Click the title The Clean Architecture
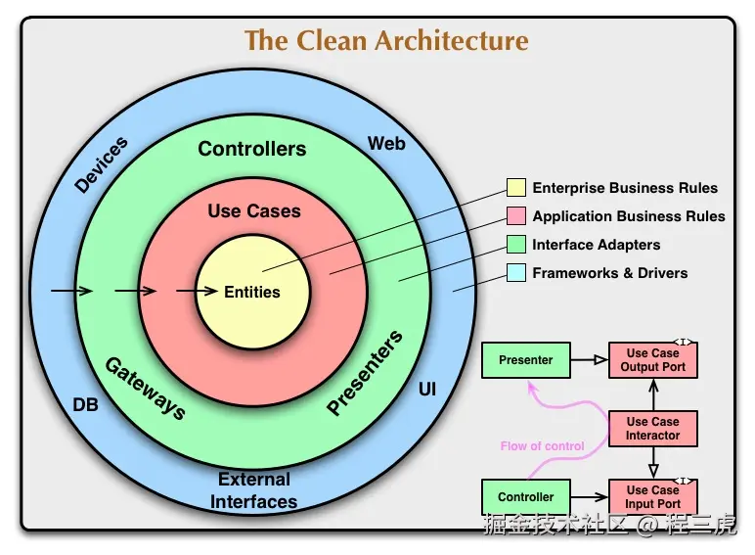click(x=386, y=41)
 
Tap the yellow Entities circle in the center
click(x=252, y=292)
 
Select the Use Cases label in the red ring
click(x=254, y=211)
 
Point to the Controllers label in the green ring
click(x=252, y=150)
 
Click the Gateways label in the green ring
click(x=145, y=389)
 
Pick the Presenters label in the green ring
click(x=365, y=374)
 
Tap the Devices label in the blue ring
click(x=101, y=164)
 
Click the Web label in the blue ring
click(x=386, y=144)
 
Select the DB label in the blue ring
click(x=86, y=404)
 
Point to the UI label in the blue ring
click(x=427, y=390)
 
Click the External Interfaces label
click(x=254, y=491)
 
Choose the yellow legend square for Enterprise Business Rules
click(x=516, y=188)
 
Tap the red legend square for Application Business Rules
click(x=516, y=216)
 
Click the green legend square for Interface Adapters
click(x=516, y=245)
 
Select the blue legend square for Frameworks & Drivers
click(x=516, y=273)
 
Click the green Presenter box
click(x=526, y=360)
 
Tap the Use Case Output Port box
click(x=653, y=360)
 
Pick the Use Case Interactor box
click(x=653, y=429)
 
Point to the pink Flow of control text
click(x=542, y=446)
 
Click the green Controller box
click(x=526, y=497)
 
